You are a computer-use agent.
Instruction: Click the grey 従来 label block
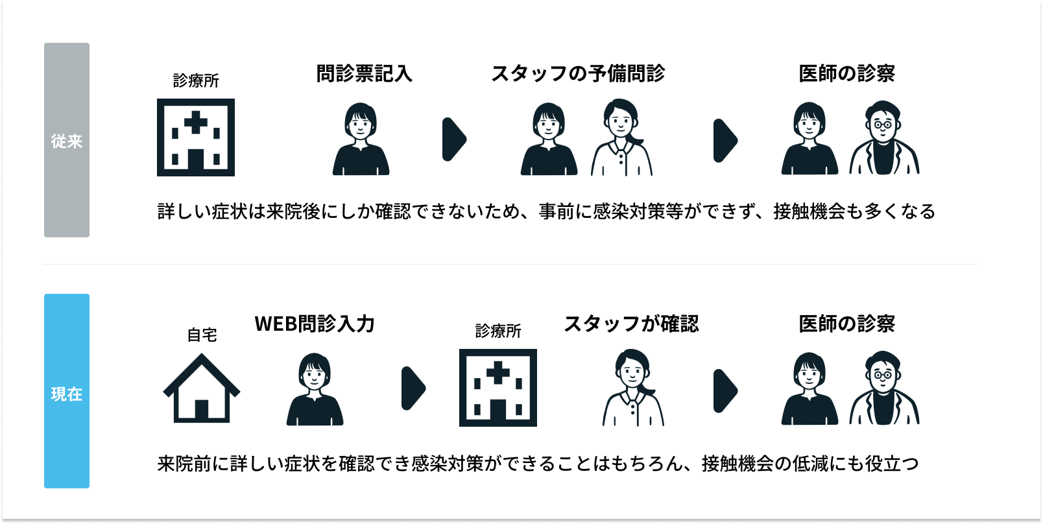(x=67, y=140)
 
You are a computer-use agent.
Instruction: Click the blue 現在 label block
(x=67, y=391)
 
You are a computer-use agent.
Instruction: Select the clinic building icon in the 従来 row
(x=196, y=137)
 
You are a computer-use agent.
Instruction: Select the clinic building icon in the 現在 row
(x=498, y=388)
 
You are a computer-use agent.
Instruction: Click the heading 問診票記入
(x=365, y=74)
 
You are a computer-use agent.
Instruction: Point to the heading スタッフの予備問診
(x=578, y=74)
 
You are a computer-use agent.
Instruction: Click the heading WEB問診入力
(x=315, y=324)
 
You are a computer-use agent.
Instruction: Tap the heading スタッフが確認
(x=631, y=324)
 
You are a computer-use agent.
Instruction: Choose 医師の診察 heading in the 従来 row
(x=846, y=74)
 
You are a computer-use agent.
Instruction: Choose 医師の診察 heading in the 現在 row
(x=846, y=324)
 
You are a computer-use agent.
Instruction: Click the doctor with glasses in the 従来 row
(x=884, y=137)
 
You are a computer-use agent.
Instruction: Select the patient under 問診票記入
(x=361, y=139)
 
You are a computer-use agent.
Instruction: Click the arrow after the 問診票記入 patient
(x=454, y=139)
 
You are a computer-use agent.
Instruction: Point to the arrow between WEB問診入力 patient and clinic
(x=413, y=388)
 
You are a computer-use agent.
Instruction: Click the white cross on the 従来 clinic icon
(x=195, y=122)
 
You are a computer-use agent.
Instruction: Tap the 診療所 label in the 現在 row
(x=498, y=331)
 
